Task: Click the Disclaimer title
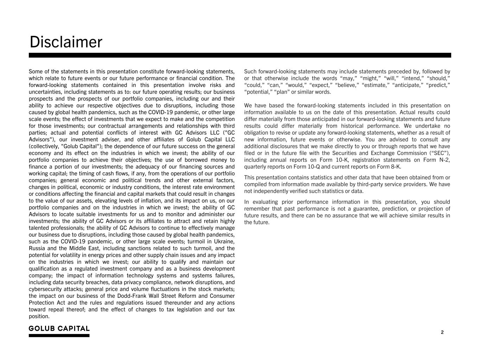coord(66,42)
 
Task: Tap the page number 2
coord(442,332)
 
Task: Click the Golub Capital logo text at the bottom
coord(59,329)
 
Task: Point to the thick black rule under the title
coord(240,55)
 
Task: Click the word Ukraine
coord(223,242)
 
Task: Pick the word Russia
coord(37,248)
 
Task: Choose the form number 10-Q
coord(311,167)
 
